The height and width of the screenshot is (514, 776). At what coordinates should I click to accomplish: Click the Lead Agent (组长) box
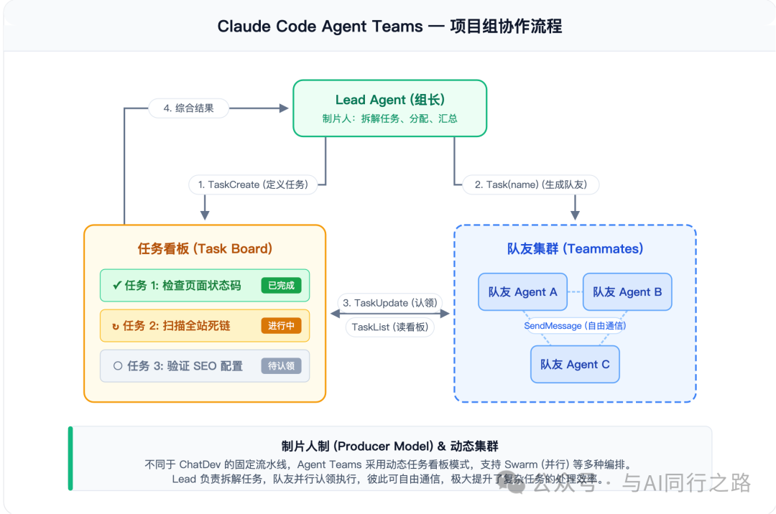coord(389,108)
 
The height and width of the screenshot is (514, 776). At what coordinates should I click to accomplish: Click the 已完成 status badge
coord(281,286)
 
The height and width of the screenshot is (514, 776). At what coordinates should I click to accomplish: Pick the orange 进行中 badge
coord(281,326)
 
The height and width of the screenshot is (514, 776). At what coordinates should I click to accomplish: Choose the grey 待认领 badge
coord(281,366)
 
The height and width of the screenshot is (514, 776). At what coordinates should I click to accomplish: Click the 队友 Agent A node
coord(522,292)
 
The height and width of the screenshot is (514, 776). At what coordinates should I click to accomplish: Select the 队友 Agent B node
coord(627,292)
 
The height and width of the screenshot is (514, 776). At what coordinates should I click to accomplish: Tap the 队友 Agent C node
coord(575,365)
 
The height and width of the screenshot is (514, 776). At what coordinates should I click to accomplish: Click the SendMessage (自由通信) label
coord(575,326)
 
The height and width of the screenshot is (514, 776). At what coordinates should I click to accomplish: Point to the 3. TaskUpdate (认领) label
coord(389,303)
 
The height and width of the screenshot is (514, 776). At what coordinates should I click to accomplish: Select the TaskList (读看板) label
coord(389,327)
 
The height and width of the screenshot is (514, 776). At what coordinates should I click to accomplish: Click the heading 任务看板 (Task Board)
coord(205,249)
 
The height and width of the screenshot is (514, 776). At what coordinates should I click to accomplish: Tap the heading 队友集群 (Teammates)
coord(575,249)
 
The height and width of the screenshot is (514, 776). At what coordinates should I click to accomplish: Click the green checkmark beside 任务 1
coord(116,286)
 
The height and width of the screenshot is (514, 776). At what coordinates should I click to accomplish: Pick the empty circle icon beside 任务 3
coord(118,366)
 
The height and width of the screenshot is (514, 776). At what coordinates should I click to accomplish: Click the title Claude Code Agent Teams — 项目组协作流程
coord(389,27)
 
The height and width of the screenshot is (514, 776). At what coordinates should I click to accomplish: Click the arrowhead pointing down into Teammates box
coord(575,215)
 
